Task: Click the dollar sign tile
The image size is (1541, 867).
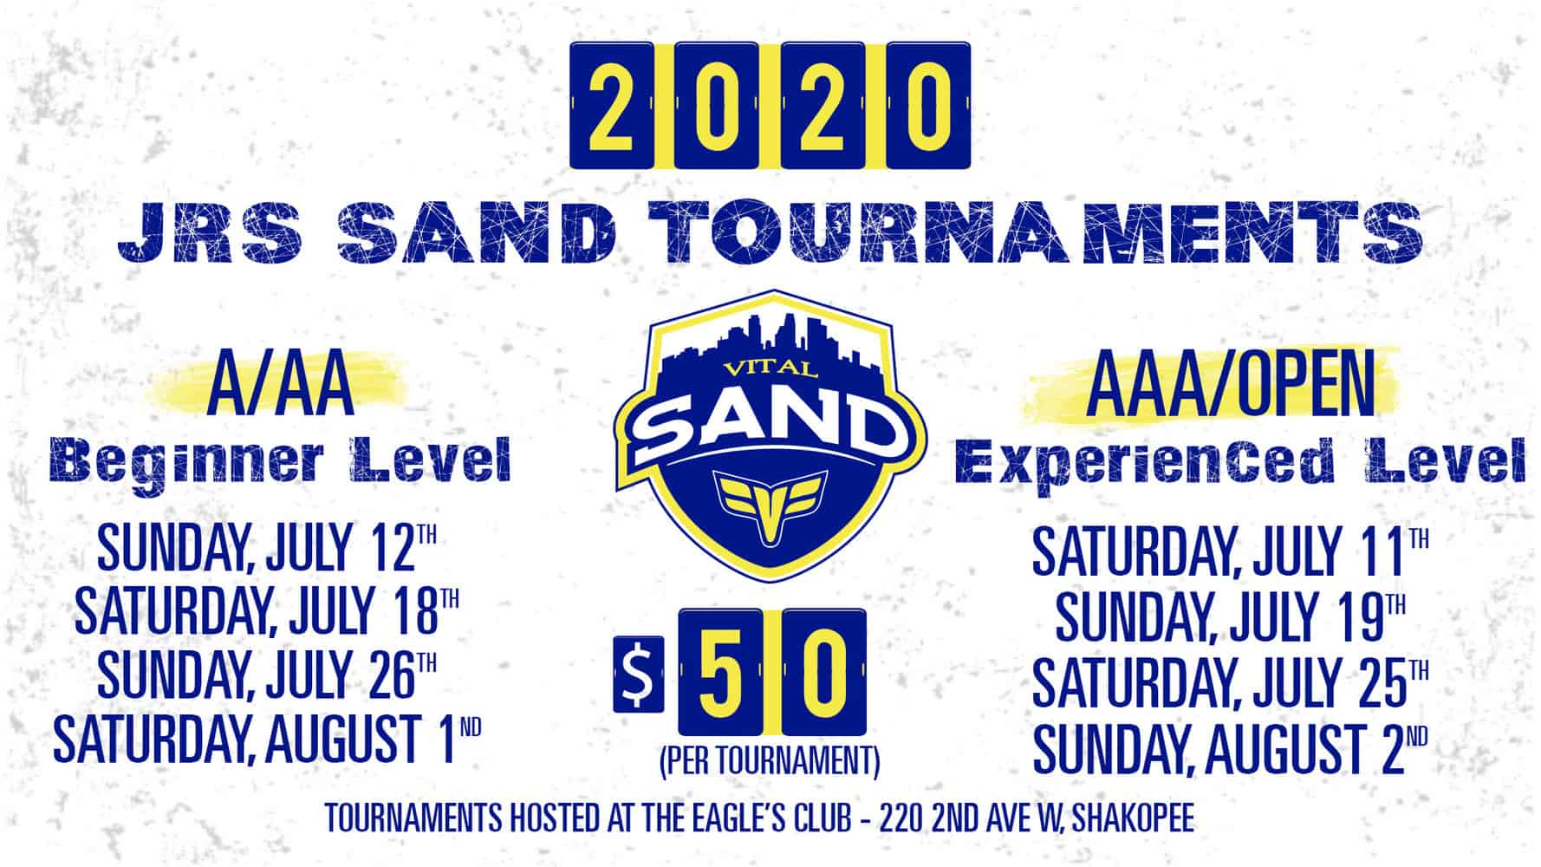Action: tap(639, 674)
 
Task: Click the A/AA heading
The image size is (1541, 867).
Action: tap(281, 389)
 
